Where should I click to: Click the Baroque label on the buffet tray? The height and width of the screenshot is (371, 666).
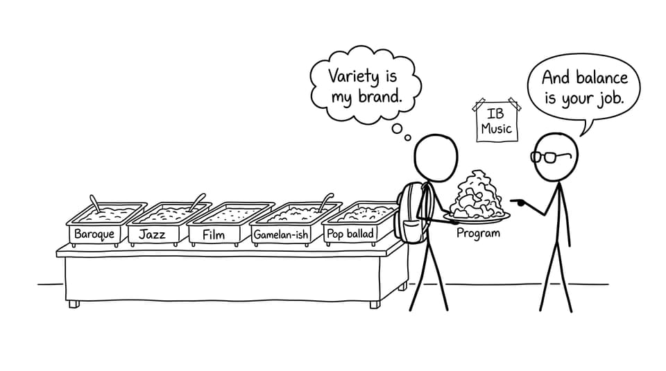click(x=94, y=234)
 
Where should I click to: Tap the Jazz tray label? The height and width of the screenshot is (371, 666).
click(x=152, y=234)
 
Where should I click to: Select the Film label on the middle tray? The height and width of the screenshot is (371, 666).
click(x=214, y=235)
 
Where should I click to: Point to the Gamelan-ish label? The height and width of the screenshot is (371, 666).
click(x=281, y=235)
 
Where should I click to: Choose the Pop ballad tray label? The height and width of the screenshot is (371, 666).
click(x=350, y=234)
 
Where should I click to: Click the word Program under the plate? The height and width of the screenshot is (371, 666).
click(x=478, y=233)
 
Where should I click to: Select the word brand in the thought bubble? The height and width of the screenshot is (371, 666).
click(x=380, y=96)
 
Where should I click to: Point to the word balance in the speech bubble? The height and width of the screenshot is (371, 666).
click(x=602, y=78)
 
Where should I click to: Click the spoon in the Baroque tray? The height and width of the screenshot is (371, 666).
click(x=95, y=204)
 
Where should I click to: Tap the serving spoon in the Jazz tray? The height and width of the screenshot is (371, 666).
click(x=198, y=202)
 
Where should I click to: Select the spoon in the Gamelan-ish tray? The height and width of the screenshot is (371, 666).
click(x=326, y=202)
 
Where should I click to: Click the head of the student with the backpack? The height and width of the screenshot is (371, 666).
click(x=436, y=158)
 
